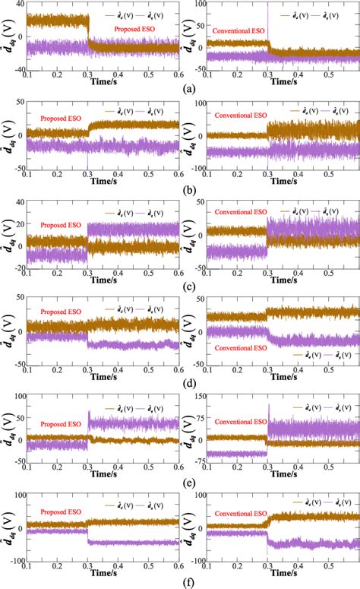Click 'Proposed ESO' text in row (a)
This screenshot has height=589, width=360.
135,29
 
